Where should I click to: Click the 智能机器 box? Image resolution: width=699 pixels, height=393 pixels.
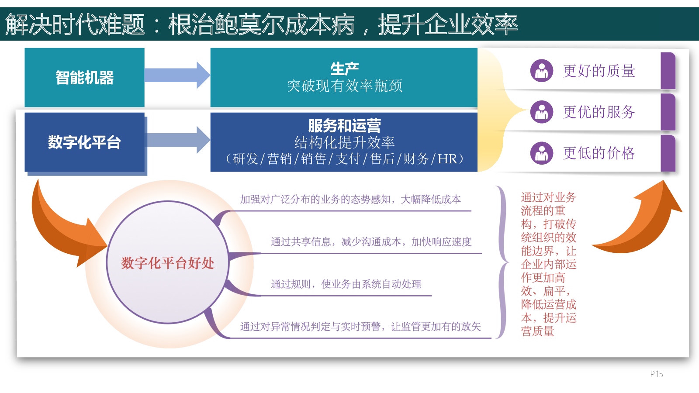(x=84, y=77)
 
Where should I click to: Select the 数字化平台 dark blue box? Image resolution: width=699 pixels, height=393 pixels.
(x=84, y=142)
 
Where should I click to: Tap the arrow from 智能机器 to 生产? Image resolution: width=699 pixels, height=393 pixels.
(x=177, y=75)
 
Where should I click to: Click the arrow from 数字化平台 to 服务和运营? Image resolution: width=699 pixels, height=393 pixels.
(x=177, y=140)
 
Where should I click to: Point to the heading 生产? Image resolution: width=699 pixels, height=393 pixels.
(x=345, y=69)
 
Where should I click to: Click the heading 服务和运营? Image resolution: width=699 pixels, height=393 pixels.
(x=345, y=126)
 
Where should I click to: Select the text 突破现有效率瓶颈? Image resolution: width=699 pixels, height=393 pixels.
(x=345, y=86)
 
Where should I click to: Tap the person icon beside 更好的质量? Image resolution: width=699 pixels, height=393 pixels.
(x=542, y=71)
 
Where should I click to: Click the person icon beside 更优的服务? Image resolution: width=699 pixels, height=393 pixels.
(x=542, y=112)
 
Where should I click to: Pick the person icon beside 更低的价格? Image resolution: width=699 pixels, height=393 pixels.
(x=542, y=153)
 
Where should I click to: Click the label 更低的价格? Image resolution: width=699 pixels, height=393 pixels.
(x=599, y=153)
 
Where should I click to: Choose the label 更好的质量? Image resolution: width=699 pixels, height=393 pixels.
(x=599, y=71)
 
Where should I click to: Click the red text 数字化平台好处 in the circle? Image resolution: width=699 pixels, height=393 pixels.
(x=168, y=263)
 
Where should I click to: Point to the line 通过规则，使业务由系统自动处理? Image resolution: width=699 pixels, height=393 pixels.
(x=346, y=284)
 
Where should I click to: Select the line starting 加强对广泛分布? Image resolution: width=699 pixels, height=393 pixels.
(x=350, y=199)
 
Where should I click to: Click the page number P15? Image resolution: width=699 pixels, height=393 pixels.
(x=657, y=374)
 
